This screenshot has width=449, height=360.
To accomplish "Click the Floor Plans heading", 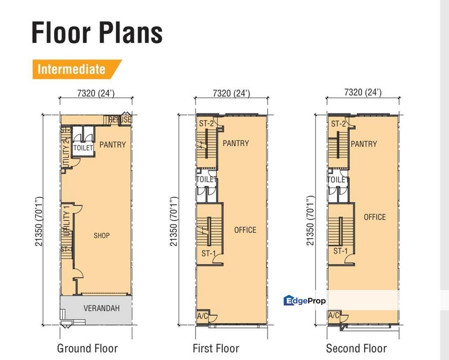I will tap(97, 32).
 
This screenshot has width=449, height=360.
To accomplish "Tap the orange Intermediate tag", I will tap(71, 69).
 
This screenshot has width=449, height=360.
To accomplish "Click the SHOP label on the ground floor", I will tap(101, 235).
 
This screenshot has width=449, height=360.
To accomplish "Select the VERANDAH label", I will tap(101, 308).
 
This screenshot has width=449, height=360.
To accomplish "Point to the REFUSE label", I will tap(119, 119).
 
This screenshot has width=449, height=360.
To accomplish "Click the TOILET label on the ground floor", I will tap(83, 148).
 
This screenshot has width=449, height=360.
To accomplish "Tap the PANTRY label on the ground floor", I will tap(112, 145).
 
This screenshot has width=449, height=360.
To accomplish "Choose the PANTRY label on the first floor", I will tap(235, 143).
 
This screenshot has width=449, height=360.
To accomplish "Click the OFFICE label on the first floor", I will tap(245, 230).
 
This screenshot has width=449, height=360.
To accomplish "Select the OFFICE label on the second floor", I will tap(375, 217).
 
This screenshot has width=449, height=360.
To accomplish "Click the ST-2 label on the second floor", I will tap(338, 124).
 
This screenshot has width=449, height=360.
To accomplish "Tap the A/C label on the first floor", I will tap(202, 316).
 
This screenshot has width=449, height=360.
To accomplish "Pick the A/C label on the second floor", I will tap(334, 316).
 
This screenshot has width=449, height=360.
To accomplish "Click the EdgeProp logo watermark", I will tap(304, 300).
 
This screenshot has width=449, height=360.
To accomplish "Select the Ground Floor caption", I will tap(87, 348).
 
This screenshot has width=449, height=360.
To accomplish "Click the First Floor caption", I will tap(216, 348).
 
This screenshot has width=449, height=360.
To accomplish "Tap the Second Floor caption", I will tap(356, 348).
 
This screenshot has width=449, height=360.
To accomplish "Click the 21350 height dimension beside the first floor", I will tap(173, 221).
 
